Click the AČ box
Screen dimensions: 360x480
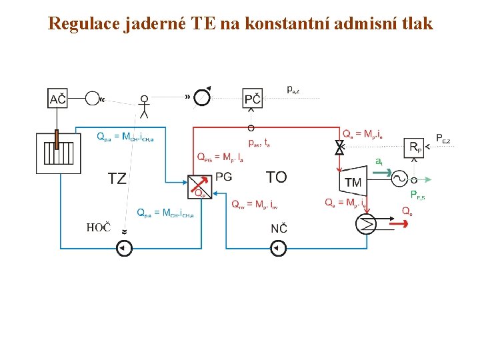[58, 99]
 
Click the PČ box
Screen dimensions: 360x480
[253, 99]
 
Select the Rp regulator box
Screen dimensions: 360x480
[415, 147]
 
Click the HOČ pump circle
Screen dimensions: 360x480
[124, 249]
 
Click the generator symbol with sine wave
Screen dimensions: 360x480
[399, 179]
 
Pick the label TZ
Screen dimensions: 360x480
[117, 178]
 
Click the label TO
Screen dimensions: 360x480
[276, 177]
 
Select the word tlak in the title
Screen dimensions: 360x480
[415, 24]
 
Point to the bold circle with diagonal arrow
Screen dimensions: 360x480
[202, 97]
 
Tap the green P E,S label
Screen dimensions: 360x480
[419, 195]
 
